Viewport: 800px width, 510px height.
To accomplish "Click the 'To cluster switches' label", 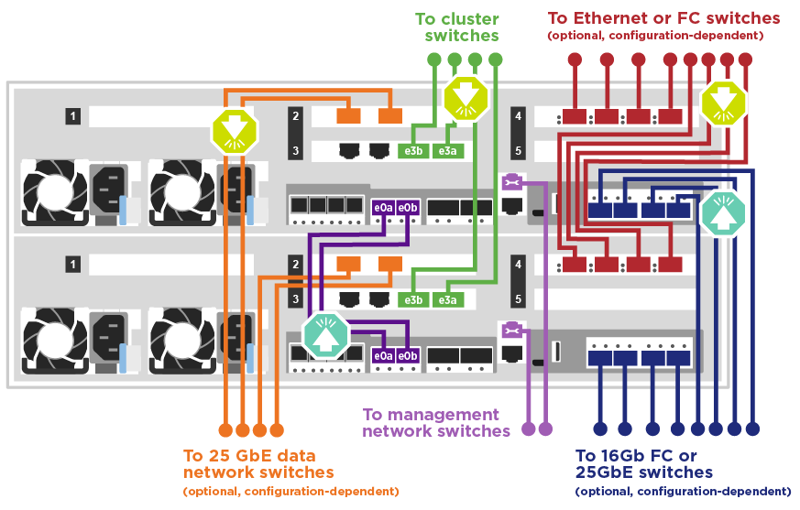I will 456,27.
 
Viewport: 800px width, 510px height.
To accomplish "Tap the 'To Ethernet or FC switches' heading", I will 663,17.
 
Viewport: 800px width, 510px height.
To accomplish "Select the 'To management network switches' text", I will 435,422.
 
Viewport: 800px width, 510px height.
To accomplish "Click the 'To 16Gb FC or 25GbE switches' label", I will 643,463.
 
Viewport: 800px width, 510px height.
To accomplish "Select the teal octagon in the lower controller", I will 327,335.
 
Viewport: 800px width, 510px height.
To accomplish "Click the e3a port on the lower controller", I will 446,300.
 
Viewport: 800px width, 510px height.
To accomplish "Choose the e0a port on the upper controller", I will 383,208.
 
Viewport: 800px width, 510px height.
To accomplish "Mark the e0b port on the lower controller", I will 408,355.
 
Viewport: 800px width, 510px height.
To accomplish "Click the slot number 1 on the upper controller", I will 73,116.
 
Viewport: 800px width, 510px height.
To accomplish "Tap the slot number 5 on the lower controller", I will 519,298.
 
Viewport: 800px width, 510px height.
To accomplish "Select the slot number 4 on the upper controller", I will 519,116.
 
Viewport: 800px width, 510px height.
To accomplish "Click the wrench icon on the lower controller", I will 511,329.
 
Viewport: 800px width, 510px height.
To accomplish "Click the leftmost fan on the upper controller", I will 53,191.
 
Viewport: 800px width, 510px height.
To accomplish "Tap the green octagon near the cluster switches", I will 462,98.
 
